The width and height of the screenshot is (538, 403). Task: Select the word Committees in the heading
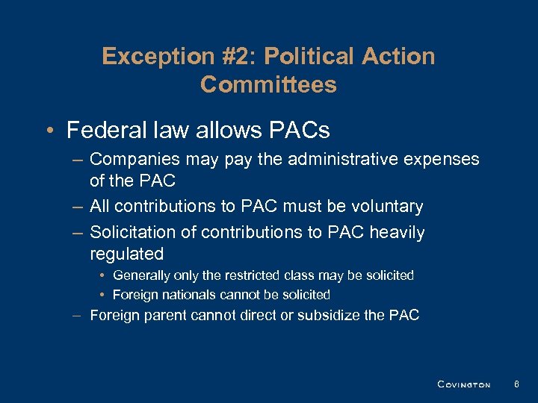point(268,84)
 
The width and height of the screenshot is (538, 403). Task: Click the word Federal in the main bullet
point(106,131)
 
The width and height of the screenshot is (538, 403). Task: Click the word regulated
point(126,254)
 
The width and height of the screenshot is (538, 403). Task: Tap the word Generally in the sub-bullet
point(144,275)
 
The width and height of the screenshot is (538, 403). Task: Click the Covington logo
point(463,384)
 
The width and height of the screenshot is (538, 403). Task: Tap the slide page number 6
point(516,384)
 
